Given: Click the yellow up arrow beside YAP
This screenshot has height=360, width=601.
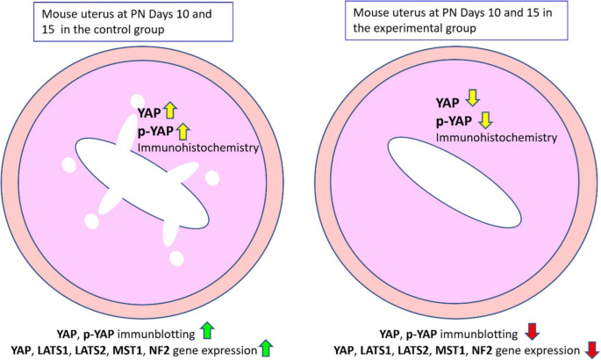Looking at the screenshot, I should pyautogui.click(x=170, y=112).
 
